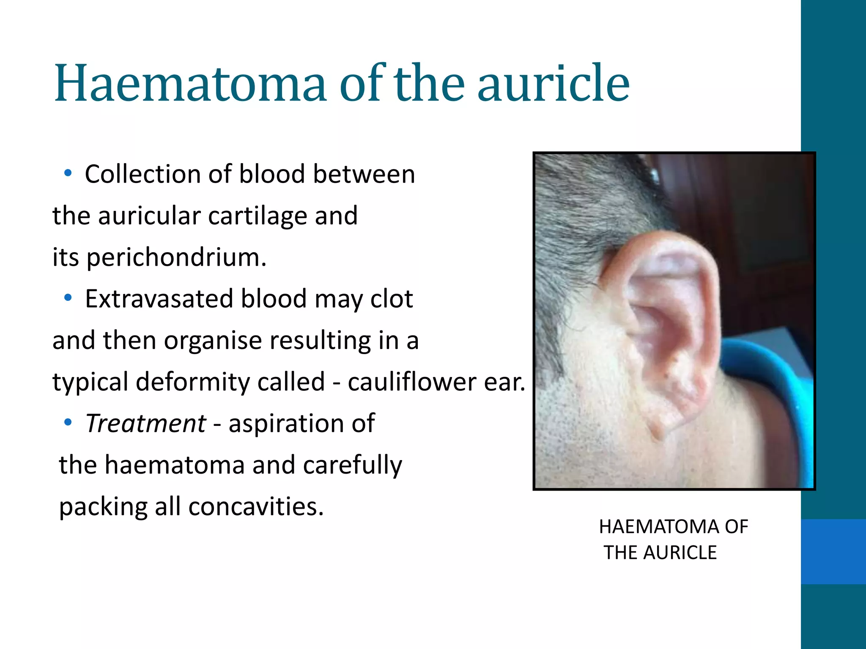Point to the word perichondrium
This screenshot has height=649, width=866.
pyautogui.click(x=176, y=257)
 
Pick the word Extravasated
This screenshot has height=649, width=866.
pyautogui.click(x=159, y=299)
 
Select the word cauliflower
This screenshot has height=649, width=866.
pyautogui.click(x=412, y=382)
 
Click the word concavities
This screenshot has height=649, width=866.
pyautogui.click(x=256, y=507)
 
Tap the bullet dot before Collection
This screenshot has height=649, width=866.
pyautogui.click(x=68, y=173)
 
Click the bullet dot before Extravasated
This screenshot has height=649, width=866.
pyautogui.click(x=68, y=298)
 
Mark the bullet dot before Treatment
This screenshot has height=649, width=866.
pyautogui.click(x=68, y=422)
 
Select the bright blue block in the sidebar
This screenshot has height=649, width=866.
pyautogui.click(x=833, y=551)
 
